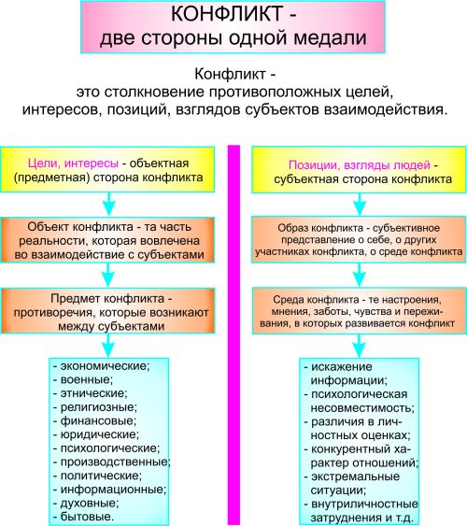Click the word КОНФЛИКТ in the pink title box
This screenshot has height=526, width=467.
coord(227,14)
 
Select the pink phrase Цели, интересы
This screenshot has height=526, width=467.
coord(73,163)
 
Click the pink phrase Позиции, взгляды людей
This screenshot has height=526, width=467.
coord(360,165)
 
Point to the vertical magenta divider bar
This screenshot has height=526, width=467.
coord(233,334)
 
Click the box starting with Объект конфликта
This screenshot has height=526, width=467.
coord(107,240)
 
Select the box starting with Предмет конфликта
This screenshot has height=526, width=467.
coord(107,311)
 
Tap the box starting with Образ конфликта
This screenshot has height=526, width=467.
coord(359,239)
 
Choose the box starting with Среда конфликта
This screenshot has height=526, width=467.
coord(359,311)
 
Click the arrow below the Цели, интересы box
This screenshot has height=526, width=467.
coord(108,205)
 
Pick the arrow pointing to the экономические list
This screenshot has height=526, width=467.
coord(108,346)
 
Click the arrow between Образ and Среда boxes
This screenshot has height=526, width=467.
coord(360,275)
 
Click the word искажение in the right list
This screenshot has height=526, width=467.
coord(341,367)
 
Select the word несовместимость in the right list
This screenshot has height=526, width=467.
coord(362,408)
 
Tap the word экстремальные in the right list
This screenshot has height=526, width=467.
coord(355,476)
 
